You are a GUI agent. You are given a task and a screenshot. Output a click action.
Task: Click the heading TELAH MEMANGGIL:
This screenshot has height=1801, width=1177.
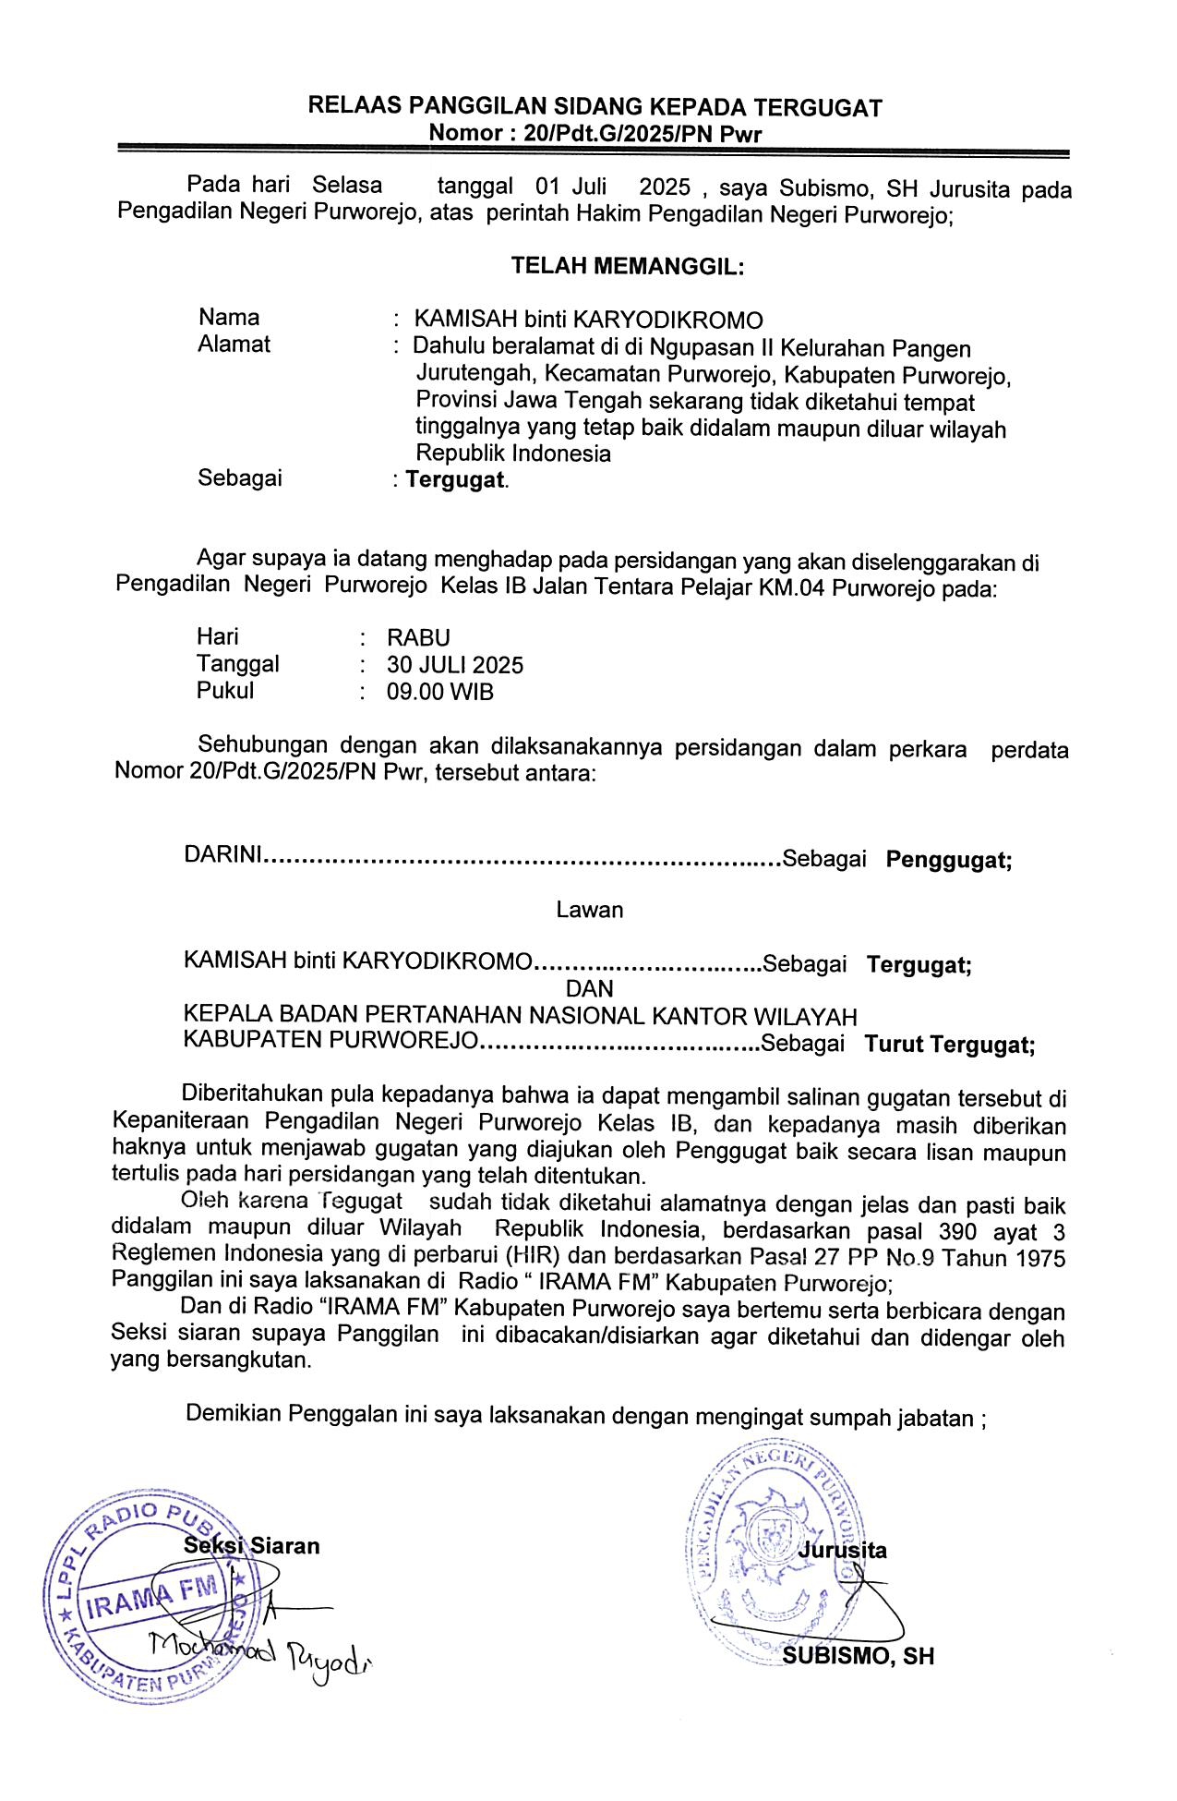pos(628,267)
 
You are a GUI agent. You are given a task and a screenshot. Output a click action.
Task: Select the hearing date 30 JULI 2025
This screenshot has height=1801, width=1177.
pos(455,665)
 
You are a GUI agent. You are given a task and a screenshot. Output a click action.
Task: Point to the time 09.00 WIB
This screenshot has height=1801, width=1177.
pos(440,692)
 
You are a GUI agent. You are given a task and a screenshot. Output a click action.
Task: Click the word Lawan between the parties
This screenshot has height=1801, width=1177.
pos(589,910)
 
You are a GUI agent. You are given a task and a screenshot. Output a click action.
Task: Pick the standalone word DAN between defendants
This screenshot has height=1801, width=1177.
pos(589,988)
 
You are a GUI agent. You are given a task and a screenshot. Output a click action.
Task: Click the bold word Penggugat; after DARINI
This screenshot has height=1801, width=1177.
pos(949,860)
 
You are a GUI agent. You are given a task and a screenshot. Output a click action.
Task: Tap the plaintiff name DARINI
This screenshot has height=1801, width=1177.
pos(222,854)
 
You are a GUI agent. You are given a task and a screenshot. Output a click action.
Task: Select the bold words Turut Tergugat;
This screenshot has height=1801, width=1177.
pos(949,1045)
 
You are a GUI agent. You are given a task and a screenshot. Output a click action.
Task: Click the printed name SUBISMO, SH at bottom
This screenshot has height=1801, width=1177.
pos(858,1656)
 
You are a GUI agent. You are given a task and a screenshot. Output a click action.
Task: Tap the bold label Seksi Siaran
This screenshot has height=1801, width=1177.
pos(252,1546)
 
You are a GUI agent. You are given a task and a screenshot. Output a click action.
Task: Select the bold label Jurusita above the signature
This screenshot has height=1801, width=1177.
pos(842,1550)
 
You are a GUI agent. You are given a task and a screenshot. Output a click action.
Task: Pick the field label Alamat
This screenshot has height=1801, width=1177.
pos(234,344)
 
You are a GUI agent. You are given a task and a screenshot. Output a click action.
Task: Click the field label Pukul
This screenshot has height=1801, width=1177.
pos(224,691)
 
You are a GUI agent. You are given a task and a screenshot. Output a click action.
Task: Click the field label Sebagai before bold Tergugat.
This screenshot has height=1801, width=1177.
pos(240,478)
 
